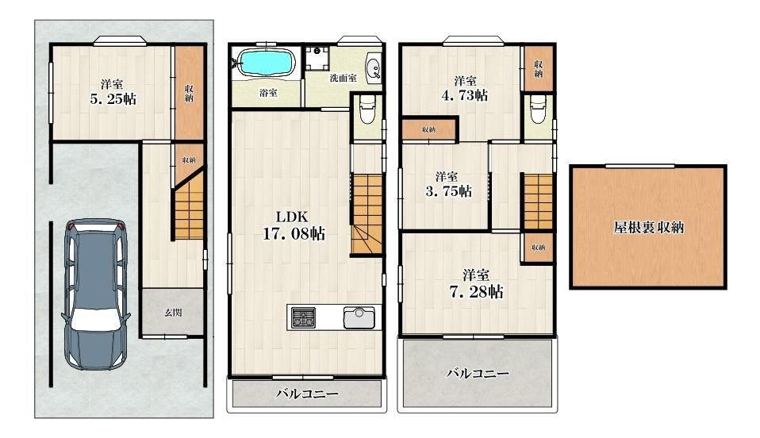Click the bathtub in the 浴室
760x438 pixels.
pos(267,63)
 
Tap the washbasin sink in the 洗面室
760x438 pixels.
pos(374,68)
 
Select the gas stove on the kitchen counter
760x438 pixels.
pos(303,317)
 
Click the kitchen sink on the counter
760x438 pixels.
pos(359,317)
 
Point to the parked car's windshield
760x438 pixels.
pos(95,319)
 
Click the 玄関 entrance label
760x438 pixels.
pos(173,313)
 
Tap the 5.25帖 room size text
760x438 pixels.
pos(113,99)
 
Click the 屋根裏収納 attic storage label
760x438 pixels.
pos(648,227)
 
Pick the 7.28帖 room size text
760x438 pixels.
pos(476,291)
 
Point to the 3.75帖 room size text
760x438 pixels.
pos(448,191)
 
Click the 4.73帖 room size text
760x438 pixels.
pos(464,95)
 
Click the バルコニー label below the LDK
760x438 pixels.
pos(307,394)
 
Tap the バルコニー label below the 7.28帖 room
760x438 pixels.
pos(478,373)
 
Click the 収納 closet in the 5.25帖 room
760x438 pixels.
pos(189,93)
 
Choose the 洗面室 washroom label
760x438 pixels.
pos(344,78)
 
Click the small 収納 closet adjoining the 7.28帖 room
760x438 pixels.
pos(538,248)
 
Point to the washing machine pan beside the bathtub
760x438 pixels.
pos(317,57)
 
